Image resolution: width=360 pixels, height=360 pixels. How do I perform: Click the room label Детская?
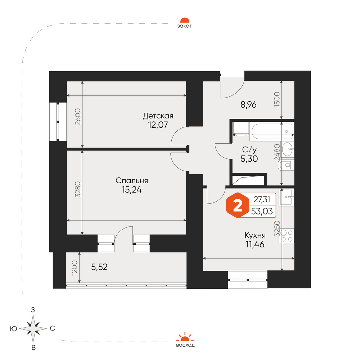[x=158, y=116]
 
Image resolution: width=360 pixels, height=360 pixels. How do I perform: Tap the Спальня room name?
[x=132, y=181]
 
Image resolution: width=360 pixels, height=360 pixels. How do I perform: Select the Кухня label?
[x=255, y=235]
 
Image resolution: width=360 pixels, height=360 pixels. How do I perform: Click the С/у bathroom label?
[x=249, y=150]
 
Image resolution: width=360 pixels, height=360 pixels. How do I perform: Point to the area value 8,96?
[x=248, y=105]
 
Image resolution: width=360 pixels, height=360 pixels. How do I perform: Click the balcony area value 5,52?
[x=99, y=267]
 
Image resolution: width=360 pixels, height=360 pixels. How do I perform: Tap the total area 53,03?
[x=262, y=211]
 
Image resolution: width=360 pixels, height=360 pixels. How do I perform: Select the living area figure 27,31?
[x=262, y=199]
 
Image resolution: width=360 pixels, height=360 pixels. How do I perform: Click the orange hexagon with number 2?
[x=238, y=206]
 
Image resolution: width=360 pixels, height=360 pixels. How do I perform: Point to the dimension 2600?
[x=78, y=116]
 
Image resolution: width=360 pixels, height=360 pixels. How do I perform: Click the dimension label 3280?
[x=78, y=189]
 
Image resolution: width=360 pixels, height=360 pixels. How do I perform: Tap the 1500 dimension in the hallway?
[x=277, y=99]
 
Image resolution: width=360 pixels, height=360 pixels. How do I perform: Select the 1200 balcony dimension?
[x=75, y=268]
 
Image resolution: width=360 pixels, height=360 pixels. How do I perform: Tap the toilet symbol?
[x=286, y=165]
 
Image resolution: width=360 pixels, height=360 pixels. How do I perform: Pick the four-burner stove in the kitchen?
[x=286, y=236]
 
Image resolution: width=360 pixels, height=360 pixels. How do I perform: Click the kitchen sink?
[x=286, y=197]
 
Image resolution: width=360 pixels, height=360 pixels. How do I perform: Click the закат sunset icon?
[x=185, y=20]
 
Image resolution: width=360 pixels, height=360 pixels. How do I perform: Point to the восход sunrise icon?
[x=185, y=337]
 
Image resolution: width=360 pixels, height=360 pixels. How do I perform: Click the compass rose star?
[x=33, y=329]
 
